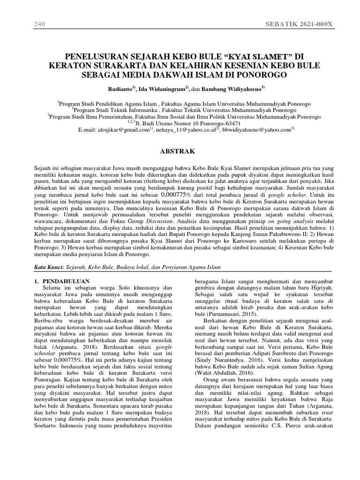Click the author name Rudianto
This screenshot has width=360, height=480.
(x=120, y=89)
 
